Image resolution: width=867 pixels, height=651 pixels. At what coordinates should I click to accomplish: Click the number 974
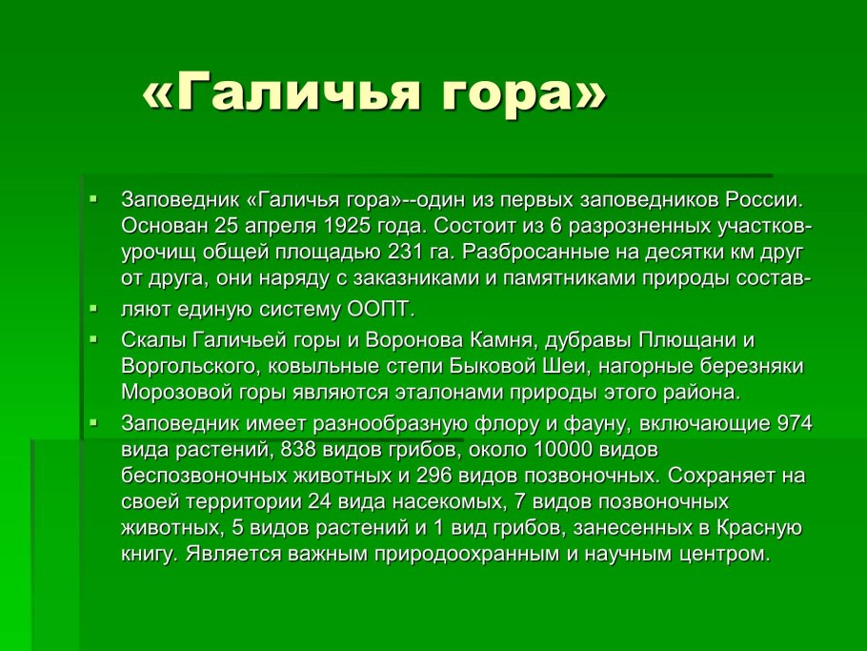click(796, 423)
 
